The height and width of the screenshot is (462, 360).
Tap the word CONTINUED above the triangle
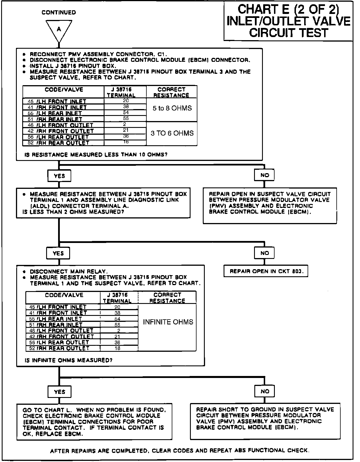tap(59, 13)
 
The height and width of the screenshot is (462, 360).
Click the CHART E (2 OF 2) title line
tap(288, 9)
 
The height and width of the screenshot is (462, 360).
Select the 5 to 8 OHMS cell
tap(172, 109)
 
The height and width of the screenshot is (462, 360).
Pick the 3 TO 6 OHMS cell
tap(172, 133)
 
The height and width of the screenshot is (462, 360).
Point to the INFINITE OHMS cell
tap(168, 322)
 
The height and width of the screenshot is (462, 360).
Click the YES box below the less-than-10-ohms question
tap(59, 176)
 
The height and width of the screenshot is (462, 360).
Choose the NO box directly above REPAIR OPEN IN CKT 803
tap(265, 253)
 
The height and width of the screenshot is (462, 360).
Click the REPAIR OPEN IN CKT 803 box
tap(266, 271)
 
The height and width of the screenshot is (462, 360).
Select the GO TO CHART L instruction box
tap(94, 422)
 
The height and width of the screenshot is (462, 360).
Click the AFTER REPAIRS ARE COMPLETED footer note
tap(179, 451)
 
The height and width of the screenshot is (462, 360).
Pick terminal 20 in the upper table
tap(126, 101)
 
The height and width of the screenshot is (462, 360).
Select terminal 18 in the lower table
tap(117, 348)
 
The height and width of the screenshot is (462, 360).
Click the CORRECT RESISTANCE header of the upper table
tap(171, 92)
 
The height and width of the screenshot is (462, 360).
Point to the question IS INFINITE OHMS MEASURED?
tap(69, 360)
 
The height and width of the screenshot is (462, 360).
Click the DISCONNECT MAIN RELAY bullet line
tap(69, 271)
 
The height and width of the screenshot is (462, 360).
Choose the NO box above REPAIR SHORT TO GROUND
tap(265, 391)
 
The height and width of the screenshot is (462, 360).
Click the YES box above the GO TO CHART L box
tap(59, 392)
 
